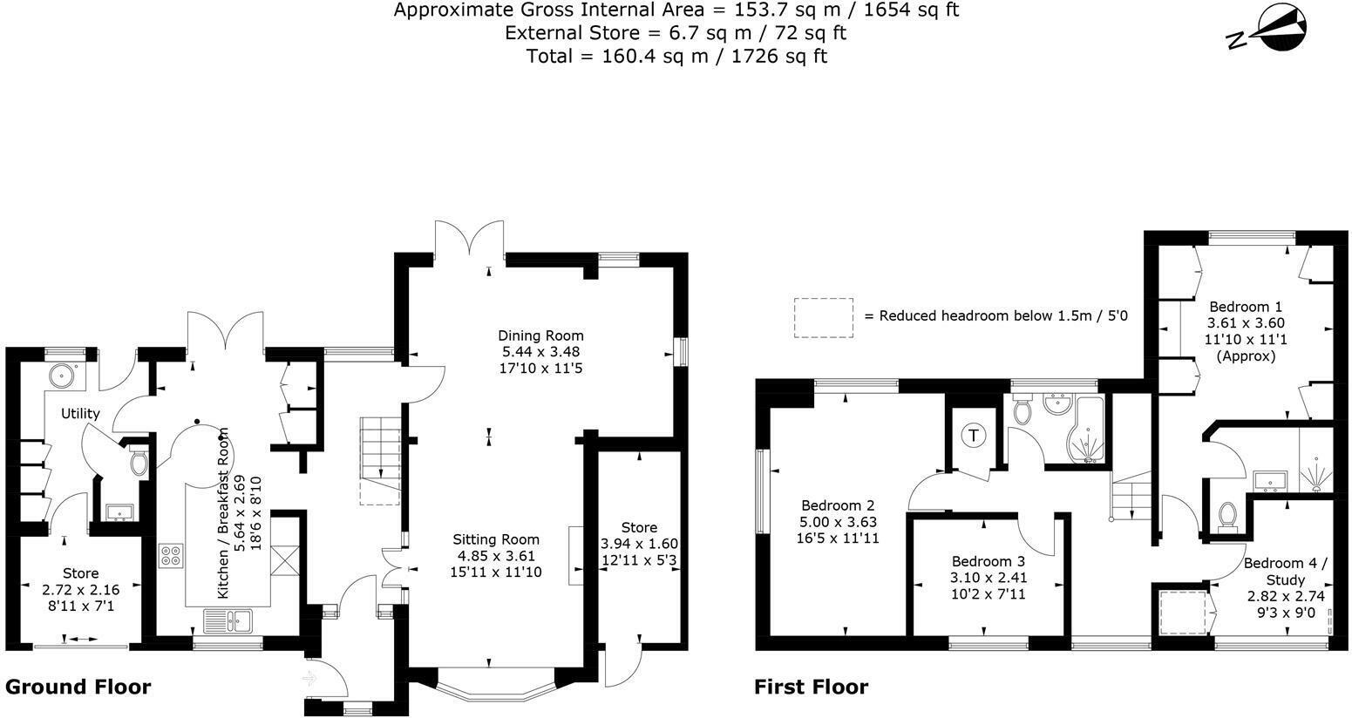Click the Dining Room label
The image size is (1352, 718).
click(540, 335)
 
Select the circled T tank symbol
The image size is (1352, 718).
click(973, 436)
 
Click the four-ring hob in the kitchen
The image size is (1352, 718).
click(170, 556)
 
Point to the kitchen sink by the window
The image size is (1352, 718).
click(228, 620)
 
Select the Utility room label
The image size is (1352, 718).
click(79, 414)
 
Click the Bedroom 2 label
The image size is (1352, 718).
click(838, 505)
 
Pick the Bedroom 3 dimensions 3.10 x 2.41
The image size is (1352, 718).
click(987, 578)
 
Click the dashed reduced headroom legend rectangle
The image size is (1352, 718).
click(823, 317)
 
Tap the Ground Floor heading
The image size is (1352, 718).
click(78, 687)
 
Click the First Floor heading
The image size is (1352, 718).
click(811, 687)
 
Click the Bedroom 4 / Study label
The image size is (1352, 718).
click(1285, 571)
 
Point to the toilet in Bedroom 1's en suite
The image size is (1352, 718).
click(1227, 516)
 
